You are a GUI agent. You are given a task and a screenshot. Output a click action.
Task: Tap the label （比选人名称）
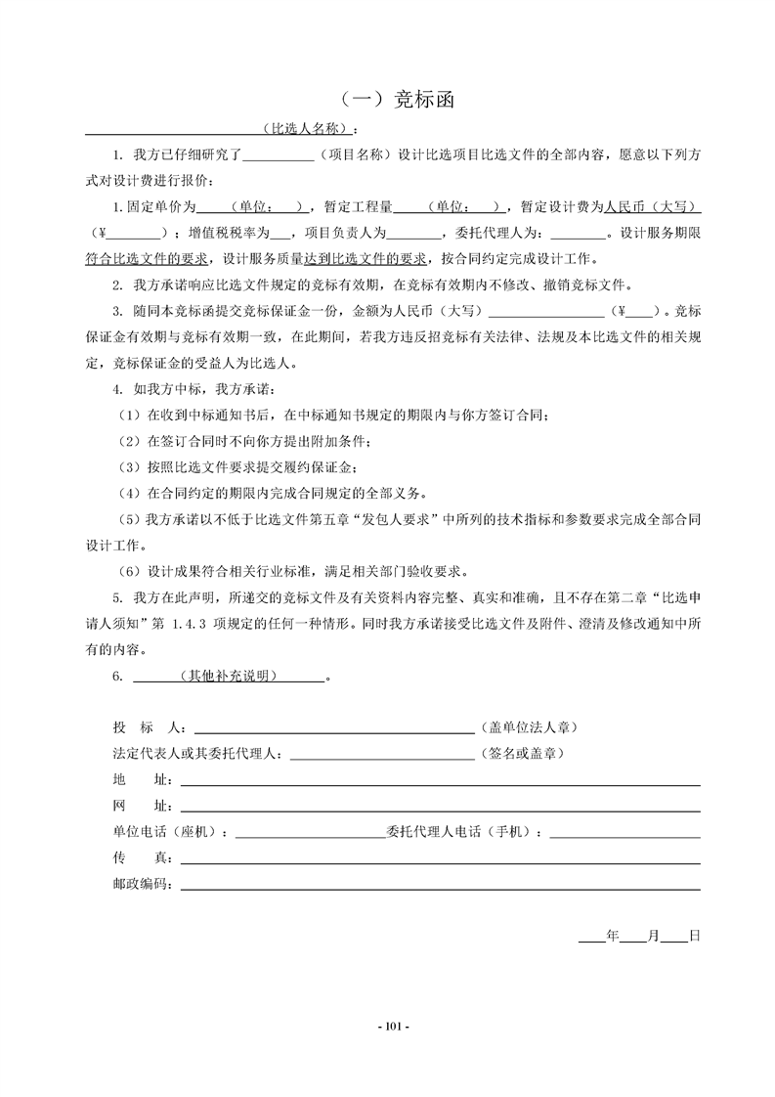pyautogui.click(x=307, y=129)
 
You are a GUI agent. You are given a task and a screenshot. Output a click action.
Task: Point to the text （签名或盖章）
pyautogui.click(x=521, y=755)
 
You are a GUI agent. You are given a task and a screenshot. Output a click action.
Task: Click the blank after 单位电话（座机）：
pyautogui.click(x=310, y=834)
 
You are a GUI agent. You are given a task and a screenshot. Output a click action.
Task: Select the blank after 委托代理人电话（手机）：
pyautogui.click(x=625, y=834)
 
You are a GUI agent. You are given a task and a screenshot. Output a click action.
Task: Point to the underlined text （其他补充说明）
pyautogui.click(x=228, y=676)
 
